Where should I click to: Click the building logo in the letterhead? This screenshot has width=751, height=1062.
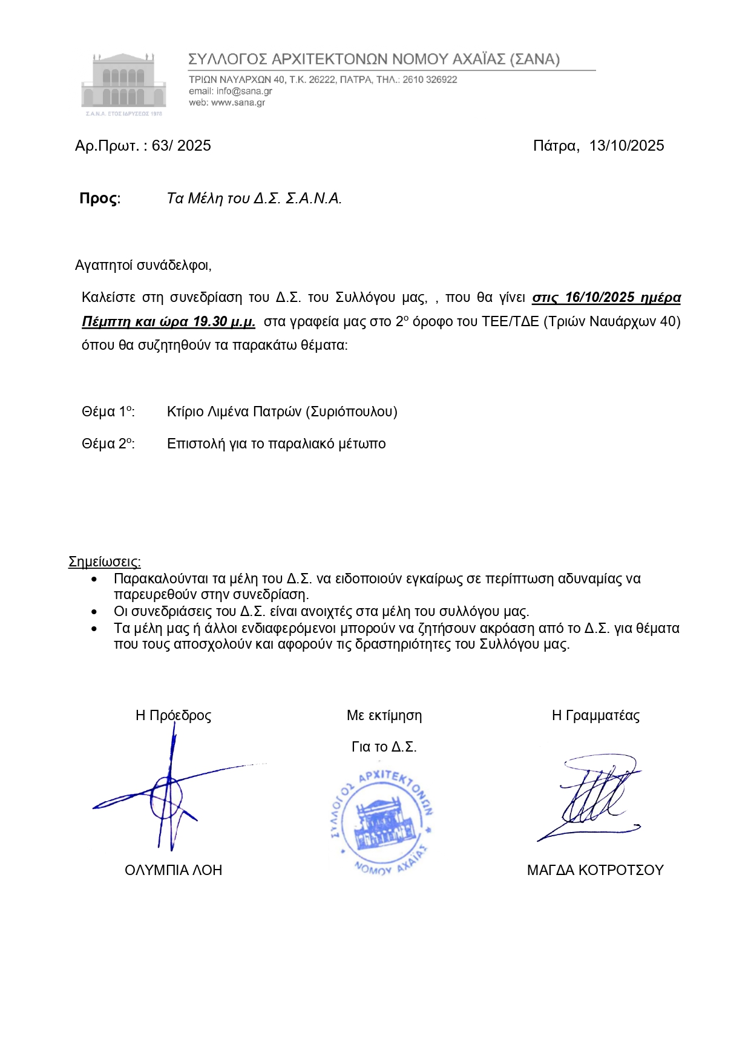[x=123, y=84]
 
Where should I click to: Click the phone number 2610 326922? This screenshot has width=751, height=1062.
[x=430, y=80]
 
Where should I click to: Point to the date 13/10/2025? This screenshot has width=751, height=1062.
[x=626, y=146]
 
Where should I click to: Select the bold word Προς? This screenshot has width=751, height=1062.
[x=98, y=198]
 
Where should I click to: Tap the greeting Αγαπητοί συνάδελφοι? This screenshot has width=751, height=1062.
[x=143, y=265]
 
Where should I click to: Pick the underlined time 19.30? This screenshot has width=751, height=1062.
[x=210, y=321]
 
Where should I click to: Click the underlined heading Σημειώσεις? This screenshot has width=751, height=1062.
[x=104, y=562]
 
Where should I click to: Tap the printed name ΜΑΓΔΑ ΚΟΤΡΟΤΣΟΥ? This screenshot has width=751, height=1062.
[x=595, y=870]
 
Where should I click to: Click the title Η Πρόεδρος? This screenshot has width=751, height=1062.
[x=173, y=715]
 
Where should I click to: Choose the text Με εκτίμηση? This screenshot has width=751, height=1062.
[x=384, y=715]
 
